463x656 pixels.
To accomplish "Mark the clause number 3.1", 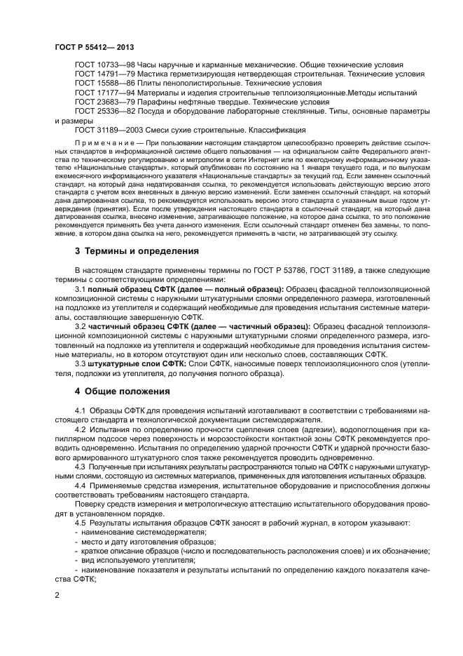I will pyautogui.click(x=80, y=289).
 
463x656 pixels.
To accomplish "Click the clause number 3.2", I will pyautogui.click(x=80, y=326).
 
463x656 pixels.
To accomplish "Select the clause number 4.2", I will pyautogui.click(x=80, y=427).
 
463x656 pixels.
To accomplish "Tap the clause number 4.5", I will pyautogui.click(x=80, y=523).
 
